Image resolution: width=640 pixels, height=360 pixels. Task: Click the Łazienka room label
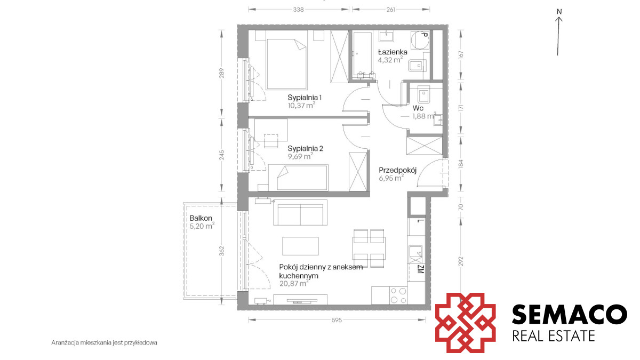point(393,52)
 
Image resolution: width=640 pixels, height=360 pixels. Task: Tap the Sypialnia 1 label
point(305,98)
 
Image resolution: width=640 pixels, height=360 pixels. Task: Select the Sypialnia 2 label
point(305,149)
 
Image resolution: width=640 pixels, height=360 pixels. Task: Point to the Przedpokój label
point(397,170)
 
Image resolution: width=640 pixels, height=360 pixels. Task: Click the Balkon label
point(201,218)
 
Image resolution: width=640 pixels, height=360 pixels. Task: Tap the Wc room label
point(418,108)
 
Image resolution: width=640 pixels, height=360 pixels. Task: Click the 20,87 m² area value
point(294,283)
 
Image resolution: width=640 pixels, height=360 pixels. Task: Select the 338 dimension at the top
point(298,10)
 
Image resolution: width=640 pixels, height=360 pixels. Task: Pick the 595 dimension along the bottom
point(337,320)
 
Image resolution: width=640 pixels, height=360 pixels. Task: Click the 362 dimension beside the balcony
point(222,251)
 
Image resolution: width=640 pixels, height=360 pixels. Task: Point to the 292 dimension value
point(460,262)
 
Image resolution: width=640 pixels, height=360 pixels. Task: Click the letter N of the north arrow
point(559,12)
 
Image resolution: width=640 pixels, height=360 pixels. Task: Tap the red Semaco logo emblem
point(465,323)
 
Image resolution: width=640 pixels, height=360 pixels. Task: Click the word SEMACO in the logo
point(570,314)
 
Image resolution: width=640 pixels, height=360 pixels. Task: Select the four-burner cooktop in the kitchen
point(398,295)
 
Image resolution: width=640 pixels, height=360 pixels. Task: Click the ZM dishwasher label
point(421,270)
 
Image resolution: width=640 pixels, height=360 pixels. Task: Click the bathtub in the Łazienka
point(363,54)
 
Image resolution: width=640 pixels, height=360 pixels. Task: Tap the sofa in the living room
point(300,213)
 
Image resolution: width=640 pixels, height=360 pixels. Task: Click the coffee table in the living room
point(300,246)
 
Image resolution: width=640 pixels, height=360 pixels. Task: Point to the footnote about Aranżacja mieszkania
point(105,342)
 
